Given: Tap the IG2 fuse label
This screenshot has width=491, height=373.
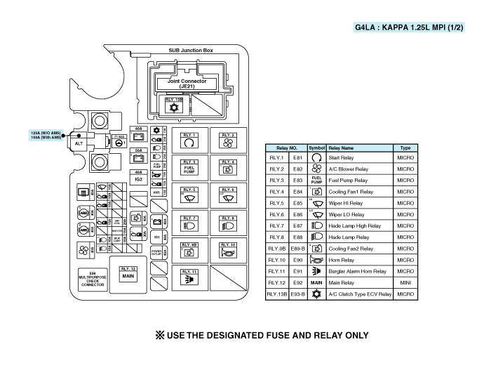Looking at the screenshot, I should click(138, 180).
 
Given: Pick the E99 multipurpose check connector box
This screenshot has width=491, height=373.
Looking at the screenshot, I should click(92, 280).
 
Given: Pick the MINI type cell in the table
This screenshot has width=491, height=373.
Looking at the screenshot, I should click(405, 282).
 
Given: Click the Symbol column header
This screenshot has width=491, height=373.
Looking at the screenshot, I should click(316, 148).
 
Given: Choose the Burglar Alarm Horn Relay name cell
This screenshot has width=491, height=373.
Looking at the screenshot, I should click(359, 270).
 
